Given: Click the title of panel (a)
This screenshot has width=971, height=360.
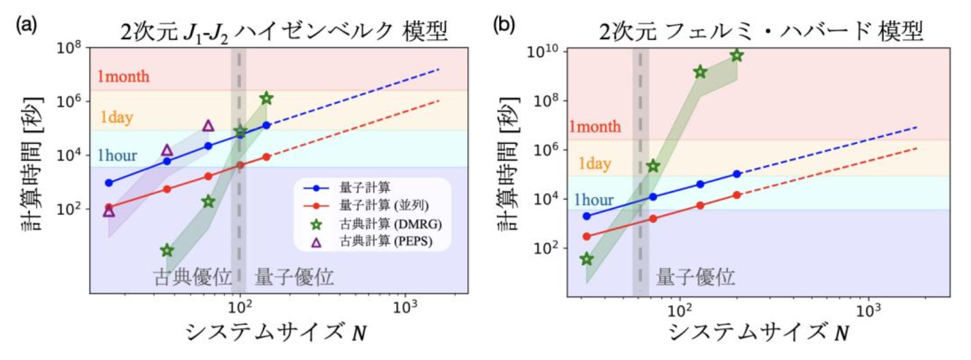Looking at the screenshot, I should click(284, 31).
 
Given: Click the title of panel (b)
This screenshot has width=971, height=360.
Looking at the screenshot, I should click(761, 31).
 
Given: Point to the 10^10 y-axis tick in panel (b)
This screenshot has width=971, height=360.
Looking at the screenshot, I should click(543, 52).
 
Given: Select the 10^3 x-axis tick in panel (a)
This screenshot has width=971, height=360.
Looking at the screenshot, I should click(406, 308).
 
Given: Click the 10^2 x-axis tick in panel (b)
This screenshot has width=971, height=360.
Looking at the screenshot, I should click(680, 310).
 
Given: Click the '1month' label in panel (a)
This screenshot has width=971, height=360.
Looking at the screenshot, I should click(123, 76).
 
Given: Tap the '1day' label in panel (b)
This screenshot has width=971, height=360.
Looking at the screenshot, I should click(594, 163).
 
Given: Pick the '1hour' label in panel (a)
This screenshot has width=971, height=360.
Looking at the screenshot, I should click(117, 156).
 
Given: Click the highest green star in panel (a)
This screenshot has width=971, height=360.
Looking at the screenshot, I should click(266, 98).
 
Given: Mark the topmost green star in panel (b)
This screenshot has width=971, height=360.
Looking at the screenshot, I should click(737, 56).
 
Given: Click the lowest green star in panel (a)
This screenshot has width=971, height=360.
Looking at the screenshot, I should click(167, 251).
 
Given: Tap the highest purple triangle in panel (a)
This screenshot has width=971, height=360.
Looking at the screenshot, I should click(208, 126).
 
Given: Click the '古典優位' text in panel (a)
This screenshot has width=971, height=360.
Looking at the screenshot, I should click(192, 277).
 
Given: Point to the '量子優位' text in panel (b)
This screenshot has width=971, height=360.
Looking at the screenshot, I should click(695, 277).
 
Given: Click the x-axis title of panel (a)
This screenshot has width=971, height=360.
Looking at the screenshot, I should click(276, 332).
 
